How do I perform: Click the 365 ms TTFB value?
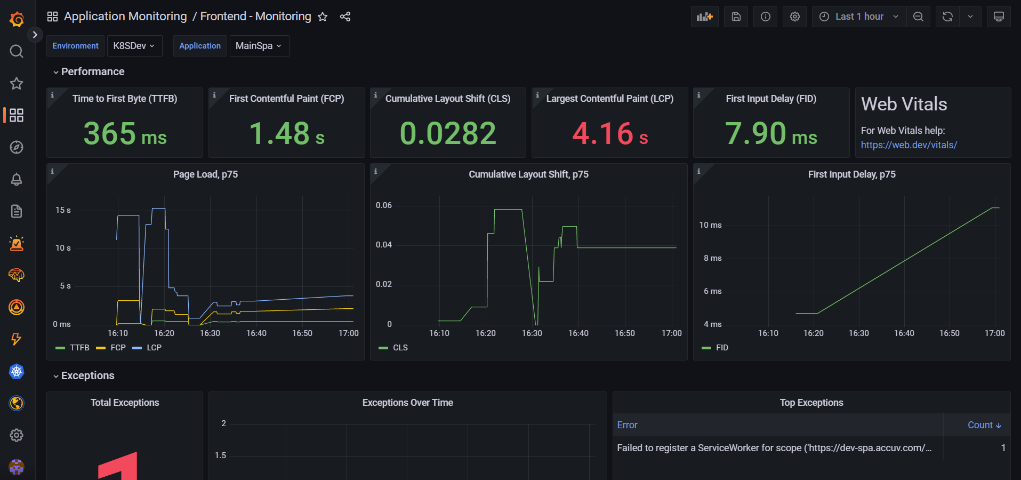(x=125, y=133)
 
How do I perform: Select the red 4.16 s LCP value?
(x=610, y=133)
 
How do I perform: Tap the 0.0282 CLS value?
(x=448, y=133)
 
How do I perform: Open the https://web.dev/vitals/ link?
(x=909, y=145)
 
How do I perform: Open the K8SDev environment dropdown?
(x=134, y=46)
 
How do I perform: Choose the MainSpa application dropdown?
(x=259, y=46)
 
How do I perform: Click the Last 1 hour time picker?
(x=859, y=17)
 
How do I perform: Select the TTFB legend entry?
(x=73, y=348)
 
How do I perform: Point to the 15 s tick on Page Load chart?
(x=63, y=210)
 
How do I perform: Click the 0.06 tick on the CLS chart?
(x=384, y=205)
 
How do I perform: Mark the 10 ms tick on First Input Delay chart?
(x=710, y=225)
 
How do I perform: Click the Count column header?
(x=984, y=425)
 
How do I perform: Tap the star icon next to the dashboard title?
(x=323, y=17)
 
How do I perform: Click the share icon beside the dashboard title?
(x=345, y=17)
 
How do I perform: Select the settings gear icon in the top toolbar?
(x=794, y=17)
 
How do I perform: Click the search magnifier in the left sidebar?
(x=17, y=51)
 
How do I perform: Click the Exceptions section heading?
(x=87, y=375)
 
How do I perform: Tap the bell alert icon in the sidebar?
(x=17, y=179)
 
